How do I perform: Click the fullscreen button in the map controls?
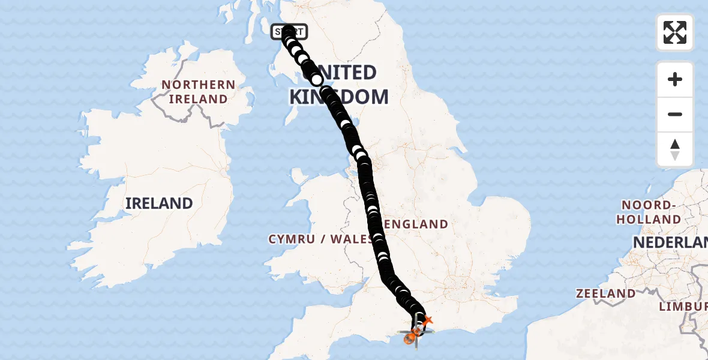coord(674,32)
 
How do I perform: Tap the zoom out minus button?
coord(674,114)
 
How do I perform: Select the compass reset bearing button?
coord(674,149)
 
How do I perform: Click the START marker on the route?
coord(289,32)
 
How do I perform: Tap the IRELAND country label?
coord(159,203)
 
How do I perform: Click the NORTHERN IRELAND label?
coord(198,92)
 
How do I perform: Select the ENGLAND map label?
coord(416,224)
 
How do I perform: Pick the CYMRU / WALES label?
coord(321,239)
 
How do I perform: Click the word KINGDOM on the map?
coord(339,97)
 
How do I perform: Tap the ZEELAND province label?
coord(605,293)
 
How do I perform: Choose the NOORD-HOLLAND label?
coord(649,212)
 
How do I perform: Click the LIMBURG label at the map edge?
coord(683,307)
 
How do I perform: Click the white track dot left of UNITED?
coord(316,80)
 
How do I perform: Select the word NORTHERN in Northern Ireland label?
coord(198,85)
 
